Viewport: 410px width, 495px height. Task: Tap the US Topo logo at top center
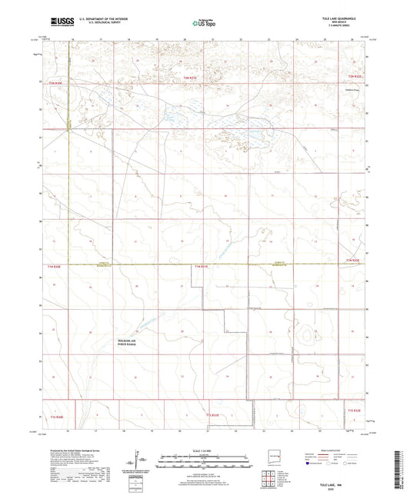coord(202,24)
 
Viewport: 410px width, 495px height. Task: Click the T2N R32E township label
coord(353,78)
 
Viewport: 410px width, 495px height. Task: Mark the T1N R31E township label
coord(202,266)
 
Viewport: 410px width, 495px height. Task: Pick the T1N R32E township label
coord(352,261)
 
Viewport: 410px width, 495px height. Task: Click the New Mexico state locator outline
coord(270,453)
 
